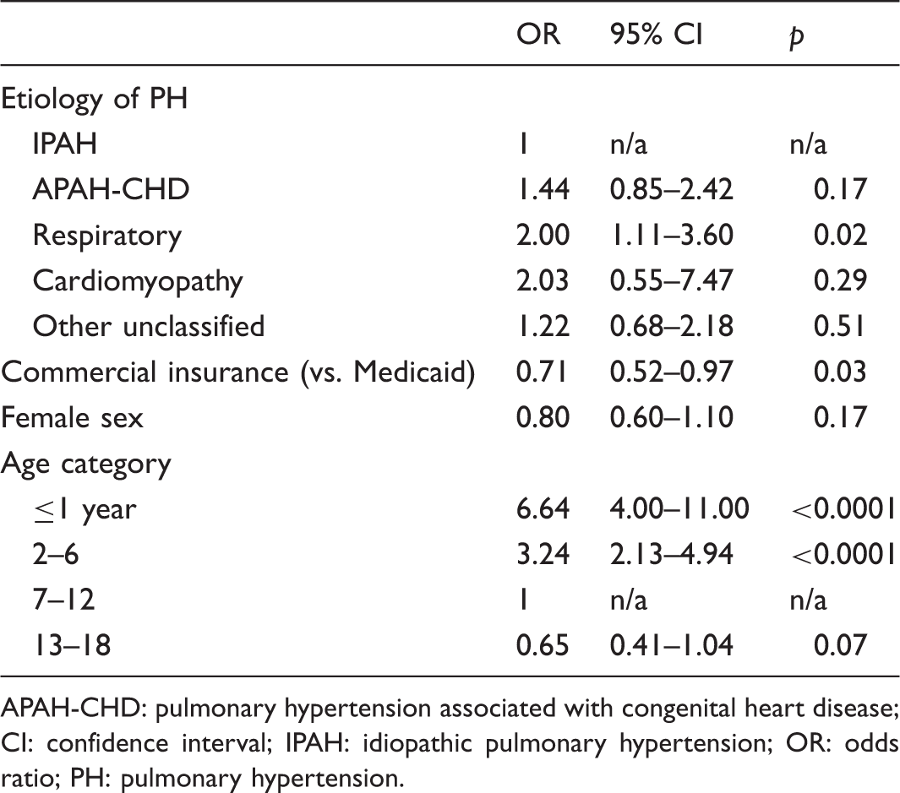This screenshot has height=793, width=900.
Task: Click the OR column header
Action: pyautogui.click(x=537, y=35)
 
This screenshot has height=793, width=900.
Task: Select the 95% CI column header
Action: pyautogui.click(x=656, y=35)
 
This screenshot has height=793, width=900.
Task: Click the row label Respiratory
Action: pyautogui.click(x=107, y=236)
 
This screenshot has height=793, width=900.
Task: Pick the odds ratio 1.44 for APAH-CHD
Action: pyautogui.click(x=543, y=189)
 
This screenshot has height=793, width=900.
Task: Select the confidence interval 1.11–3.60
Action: pyautogui.click(x=672, y=235)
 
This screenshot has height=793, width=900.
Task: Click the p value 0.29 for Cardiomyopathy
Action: pyautogui.click(x=840, y=280)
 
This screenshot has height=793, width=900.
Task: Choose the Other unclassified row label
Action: pyautogui.click(x=149, y=325)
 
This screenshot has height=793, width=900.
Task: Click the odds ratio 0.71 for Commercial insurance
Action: pyautogui.click(x=543, y=372)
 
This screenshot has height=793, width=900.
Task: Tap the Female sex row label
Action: pyautogui.click(x=72, y=417)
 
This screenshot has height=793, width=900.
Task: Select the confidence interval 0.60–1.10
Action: pyautogui.click(x=672, y=417)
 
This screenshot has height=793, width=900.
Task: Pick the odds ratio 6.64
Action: pyautogui.click(x=543, y=508)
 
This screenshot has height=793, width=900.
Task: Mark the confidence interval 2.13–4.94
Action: pyautogui.click(x=672, y=554)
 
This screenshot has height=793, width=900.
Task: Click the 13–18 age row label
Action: pyautogui.click(x=72, y=645)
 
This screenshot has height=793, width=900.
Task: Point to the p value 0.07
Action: pyautogui.click(x=840, y=645)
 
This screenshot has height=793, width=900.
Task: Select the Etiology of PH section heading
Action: pyautogui.click(x=94, y=100)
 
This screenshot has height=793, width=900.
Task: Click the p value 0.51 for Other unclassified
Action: pyautogui.click(x=840, y=325)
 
